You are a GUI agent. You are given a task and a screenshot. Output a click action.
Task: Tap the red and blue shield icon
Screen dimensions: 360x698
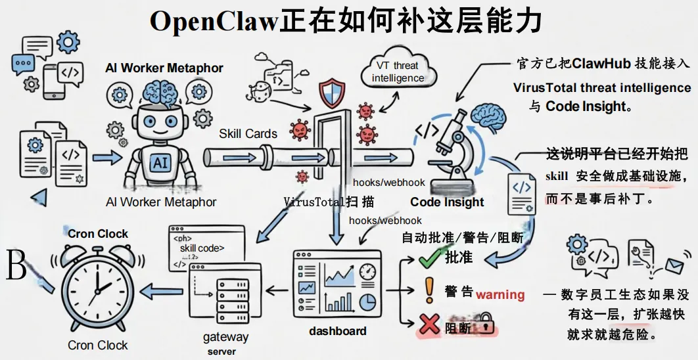[331, 93]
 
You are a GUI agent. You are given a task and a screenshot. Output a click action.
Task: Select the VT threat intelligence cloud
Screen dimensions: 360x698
[398, 72]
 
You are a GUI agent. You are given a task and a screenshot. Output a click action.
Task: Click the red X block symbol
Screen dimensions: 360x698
[429, 324]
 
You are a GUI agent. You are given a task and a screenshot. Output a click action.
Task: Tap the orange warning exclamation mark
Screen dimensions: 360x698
[429, 290]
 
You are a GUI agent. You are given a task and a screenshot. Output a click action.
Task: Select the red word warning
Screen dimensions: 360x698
[500, 294]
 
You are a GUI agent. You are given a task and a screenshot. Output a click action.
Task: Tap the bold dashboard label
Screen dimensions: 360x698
[337, 330]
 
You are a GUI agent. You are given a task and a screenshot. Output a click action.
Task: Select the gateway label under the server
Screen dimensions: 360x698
[225, 337]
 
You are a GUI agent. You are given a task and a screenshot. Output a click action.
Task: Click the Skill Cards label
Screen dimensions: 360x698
[248, 133]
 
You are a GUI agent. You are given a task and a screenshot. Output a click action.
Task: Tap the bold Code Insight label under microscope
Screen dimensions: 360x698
[447, 202]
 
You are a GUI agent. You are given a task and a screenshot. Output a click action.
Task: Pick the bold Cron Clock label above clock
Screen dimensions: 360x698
[98, 233]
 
